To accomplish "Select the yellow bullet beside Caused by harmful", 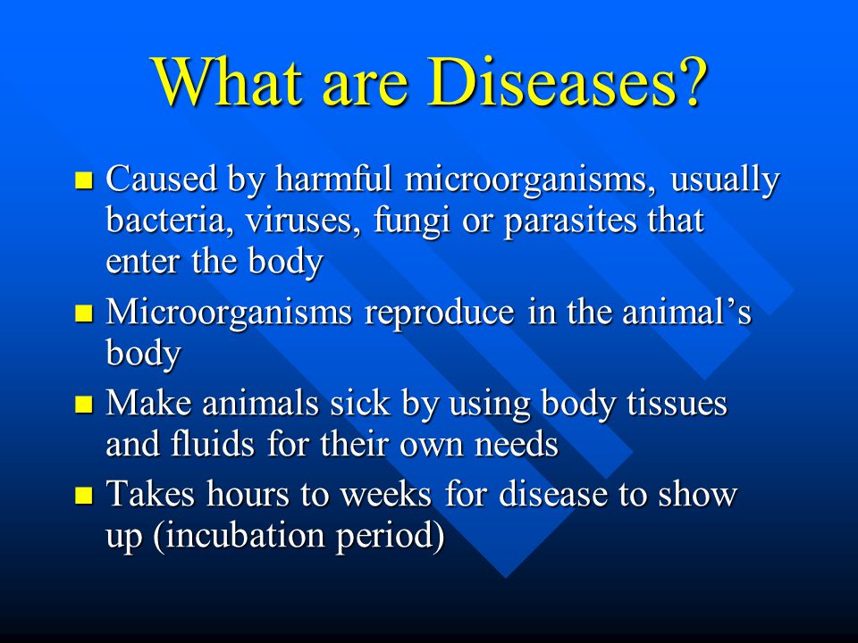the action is tap(84, 180).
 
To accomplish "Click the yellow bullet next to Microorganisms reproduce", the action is tap(84, 313).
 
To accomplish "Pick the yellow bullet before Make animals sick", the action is tap(84, 405).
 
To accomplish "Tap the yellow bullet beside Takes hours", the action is tap(84, 495).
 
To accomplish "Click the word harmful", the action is tap(333, 179).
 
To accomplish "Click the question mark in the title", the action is tap(691, 81).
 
